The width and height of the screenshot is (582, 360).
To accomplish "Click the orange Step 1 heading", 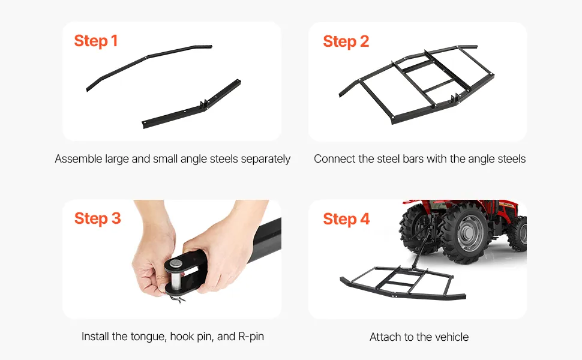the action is coord(96,41).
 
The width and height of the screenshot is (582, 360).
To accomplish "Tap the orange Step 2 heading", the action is coord(346,41).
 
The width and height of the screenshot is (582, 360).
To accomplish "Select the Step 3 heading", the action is coord(98,218).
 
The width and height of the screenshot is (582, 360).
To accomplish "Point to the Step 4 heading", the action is coord(346,219).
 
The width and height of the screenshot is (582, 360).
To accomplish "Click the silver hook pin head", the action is coord(176,264).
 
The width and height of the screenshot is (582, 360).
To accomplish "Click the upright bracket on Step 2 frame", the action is coord(454,100).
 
